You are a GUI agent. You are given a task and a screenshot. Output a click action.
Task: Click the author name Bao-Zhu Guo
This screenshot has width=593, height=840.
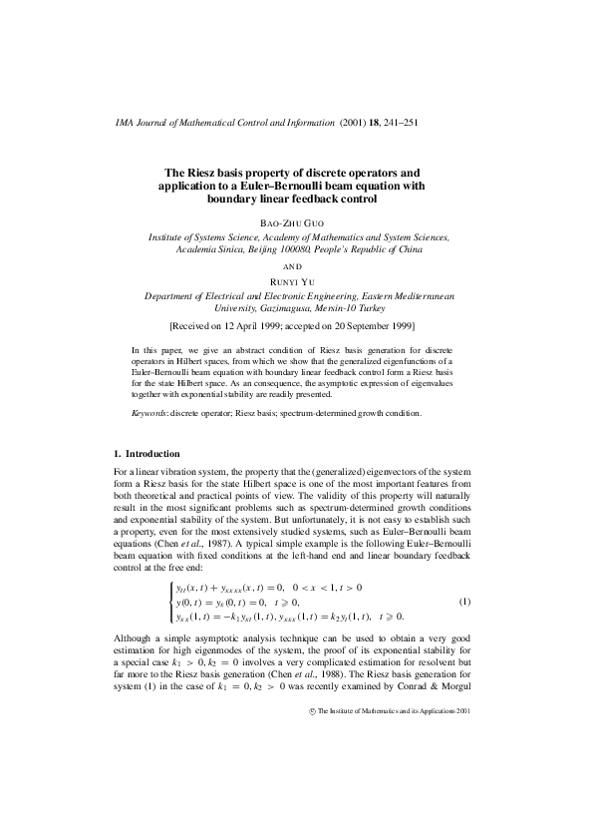pos(296,221)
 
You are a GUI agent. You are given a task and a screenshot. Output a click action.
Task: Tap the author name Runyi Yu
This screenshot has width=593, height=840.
pos(296,282)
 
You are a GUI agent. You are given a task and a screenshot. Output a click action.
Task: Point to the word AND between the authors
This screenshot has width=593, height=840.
pos(296,266)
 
